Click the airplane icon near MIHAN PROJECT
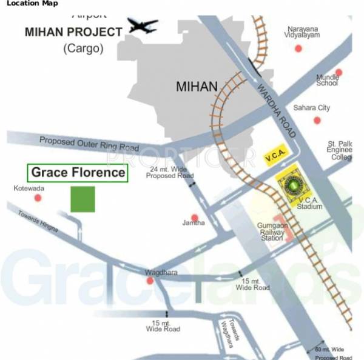[143, 25]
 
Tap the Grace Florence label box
[78, 173]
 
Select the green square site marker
[83, 199]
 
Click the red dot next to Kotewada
[39, 198]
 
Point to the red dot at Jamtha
[195, 218]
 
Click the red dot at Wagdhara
[149, 281]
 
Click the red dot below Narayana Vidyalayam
[298, 47]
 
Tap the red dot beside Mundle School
[339, 73]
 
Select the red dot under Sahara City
[317, 120]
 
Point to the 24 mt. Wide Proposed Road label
[172, 172]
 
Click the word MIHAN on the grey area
[196, 87]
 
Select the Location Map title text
[33, 4]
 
